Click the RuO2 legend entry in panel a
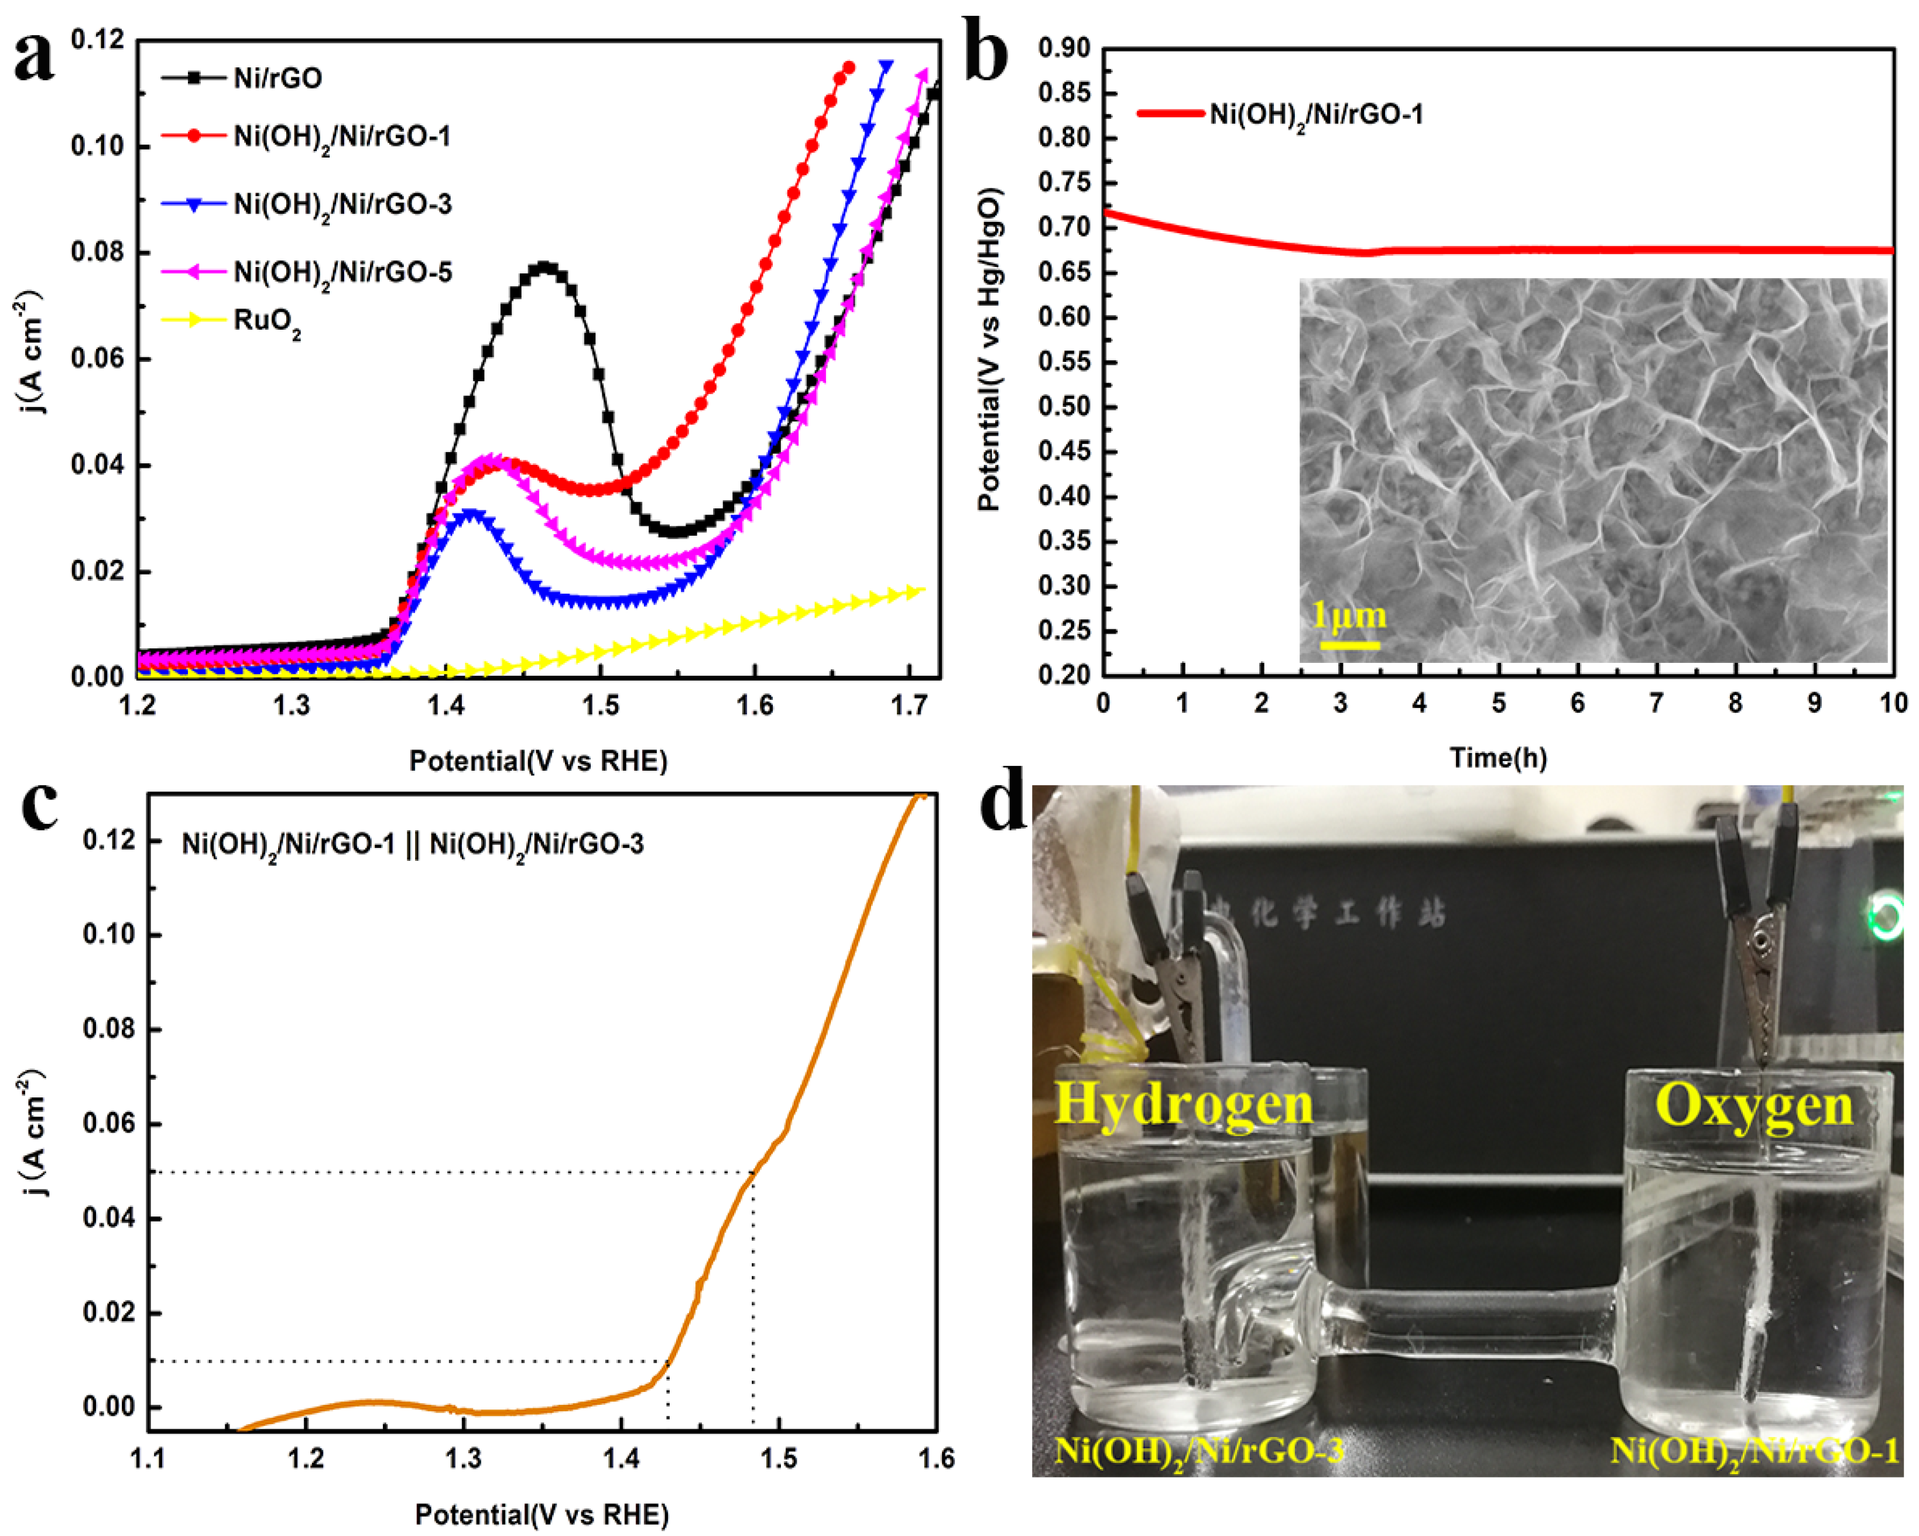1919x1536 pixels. tap(266, 321)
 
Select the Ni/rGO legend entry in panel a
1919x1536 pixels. tap(277, 78)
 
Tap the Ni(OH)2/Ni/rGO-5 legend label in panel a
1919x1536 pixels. tap(342, 272)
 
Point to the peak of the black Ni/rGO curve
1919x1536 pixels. tap(544, 266)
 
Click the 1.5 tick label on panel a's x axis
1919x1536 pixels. tap(600, 706)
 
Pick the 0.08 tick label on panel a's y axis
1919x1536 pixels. tap(97, 252)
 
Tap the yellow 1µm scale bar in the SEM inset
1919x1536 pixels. tap(1349, 644)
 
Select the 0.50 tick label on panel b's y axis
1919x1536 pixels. tap(1064, 407)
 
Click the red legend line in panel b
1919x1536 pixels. tap(1170, 113)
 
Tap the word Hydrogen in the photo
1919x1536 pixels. tap(1183, 1104)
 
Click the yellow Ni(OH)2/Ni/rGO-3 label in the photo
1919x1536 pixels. tap(1198, 1452)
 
